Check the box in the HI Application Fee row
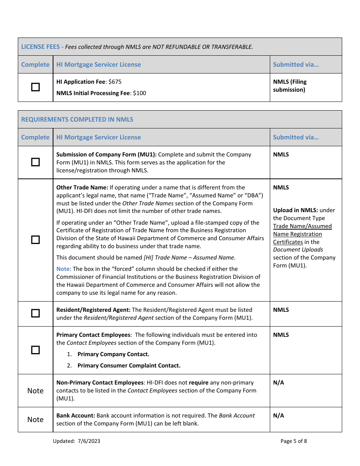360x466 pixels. [35, 87]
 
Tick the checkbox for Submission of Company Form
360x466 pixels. [35, 162]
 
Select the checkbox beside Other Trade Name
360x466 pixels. [35, 240]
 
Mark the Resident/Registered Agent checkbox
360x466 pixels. [35, 313]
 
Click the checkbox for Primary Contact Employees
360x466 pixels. [35, 350]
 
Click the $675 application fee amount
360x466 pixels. [115, 82]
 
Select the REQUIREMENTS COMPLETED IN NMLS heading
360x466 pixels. [77, 119]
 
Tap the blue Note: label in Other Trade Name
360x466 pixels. [64, 269]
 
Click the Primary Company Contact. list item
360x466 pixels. [113, 354]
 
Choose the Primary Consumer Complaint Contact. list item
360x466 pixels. [129, 366]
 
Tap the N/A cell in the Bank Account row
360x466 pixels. [279, 416]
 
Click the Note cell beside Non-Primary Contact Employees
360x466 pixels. [35, 391]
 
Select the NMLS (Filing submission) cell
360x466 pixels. [290, 86]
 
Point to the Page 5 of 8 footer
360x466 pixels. [294, 441]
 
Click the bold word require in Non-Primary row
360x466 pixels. [199, 383]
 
